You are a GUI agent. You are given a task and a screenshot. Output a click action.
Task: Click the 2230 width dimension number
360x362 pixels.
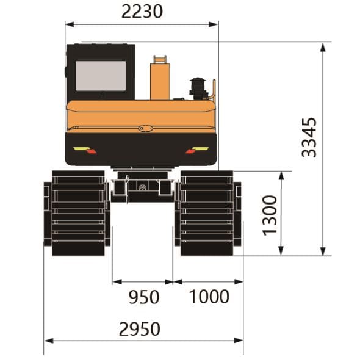[142, 12]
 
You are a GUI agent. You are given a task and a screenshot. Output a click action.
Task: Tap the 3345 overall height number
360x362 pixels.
[309, 137]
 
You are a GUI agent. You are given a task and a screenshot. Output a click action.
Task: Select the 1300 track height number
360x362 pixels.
[270, 215]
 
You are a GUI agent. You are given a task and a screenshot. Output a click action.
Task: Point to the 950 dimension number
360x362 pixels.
[144, 297]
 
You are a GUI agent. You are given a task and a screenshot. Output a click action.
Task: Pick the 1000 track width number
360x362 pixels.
[209, 297]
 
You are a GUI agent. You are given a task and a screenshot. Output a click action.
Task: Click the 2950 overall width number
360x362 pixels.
[139, 329]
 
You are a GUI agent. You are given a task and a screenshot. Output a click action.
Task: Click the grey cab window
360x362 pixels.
[101, 76]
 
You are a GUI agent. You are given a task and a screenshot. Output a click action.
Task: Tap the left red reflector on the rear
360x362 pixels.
[92, 151]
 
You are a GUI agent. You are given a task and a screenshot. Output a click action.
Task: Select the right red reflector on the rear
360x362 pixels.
[191, 151]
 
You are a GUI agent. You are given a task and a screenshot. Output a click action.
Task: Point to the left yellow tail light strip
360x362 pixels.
[82, 148]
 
